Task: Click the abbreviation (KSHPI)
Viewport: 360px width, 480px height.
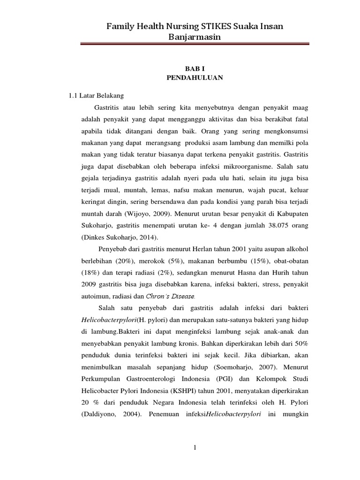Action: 187,390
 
